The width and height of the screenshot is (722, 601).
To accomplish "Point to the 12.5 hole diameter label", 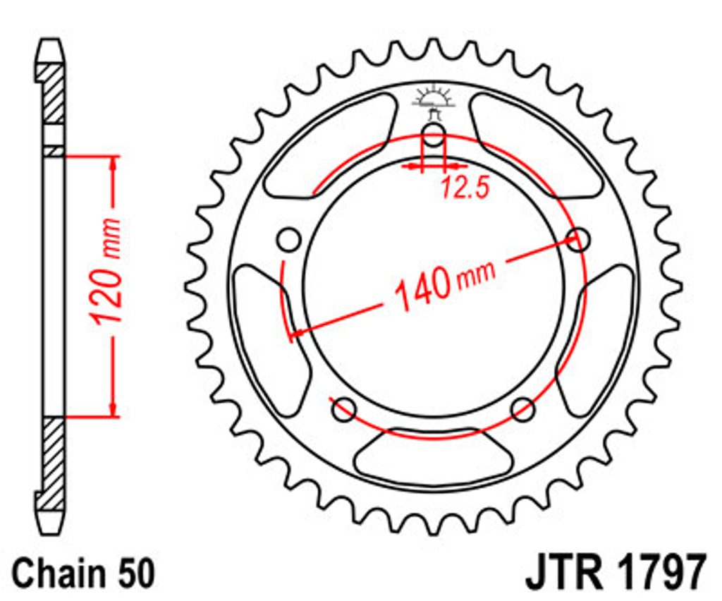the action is pos(464,188).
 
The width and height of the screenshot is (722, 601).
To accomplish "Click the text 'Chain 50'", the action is pos(84,573).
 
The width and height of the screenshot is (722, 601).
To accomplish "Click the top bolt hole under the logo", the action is pos(434,135).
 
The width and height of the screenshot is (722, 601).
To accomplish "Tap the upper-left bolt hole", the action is pos(290,239).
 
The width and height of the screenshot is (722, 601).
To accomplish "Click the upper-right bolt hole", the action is pos(578,239).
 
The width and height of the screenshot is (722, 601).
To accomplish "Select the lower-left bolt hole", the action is pos(344,409).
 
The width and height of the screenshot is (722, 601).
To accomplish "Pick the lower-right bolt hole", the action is pos(524,409).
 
